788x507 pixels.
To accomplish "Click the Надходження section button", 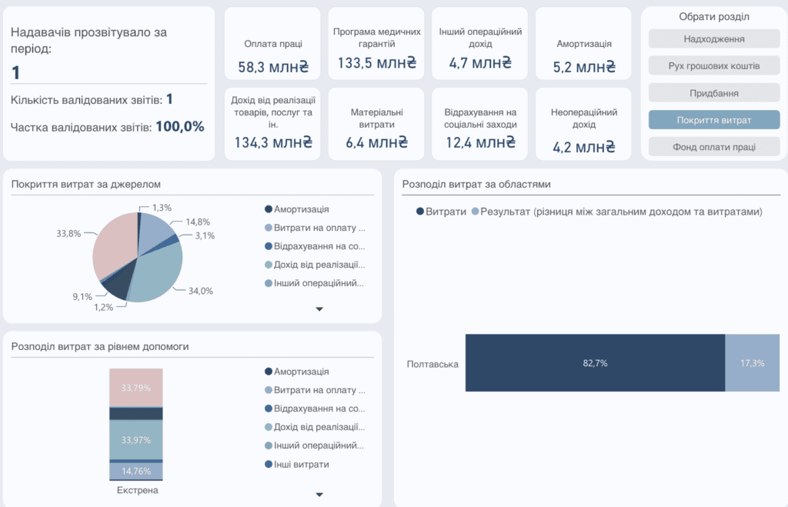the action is [713, 39].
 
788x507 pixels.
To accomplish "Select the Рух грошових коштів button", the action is [713, 66].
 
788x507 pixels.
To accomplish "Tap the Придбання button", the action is [713, 93].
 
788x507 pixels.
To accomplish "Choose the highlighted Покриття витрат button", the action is [713, 120].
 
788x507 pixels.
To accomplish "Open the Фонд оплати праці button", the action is [713, 147].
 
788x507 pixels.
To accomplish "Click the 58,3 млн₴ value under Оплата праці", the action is [273, 67].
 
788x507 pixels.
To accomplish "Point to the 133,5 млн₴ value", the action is [377, 63].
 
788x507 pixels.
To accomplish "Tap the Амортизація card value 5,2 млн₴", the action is [584, 67].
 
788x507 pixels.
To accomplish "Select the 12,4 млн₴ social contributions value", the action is [480, 142].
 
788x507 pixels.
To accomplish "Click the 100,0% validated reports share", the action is [180, 127].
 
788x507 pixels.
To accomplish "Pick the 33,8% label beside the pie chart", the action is [68, 233].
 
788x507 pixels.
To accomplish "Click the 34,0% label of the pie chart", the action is [201, 291].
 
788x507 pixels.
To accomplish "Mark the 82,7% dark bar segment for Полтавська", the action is [595, 363].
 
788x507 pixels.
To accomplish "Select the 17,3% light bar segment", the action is [753, 363].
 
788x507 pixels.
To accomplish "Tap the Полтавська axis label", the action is [432, 365].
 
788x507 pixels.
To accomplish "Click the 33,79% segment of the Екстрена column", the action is [136, 388].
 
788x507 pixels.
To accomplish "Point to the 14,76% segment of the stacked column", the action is [136, 471].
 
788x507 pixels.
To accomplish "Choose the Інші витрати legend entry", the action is [297, 464].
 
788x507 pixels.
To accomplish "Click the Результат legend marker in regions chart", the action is [475, 212].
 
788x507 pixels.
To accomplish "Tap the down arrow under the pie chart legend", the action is [319, 309].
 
